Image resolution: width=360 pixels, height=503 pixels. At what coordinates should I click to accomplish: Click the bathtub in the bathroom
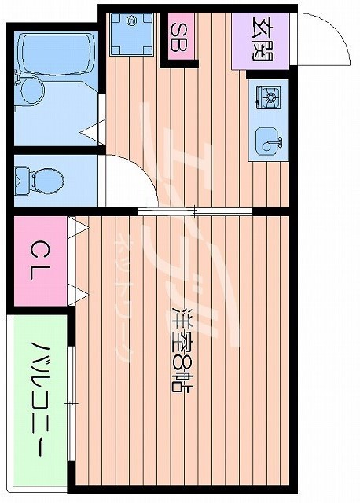click(x=53, y=52)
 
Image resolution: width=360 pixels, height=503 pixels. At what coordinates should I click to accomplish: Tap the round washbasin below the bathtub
click(x=31, y=91)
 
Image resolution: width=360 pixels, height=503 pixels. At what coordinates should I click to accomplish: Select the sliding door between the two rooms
click(x=194, y=211)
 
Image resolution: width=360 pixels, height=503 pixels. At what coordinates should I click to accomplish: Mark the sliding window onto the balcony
click(x=72, y=404)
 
